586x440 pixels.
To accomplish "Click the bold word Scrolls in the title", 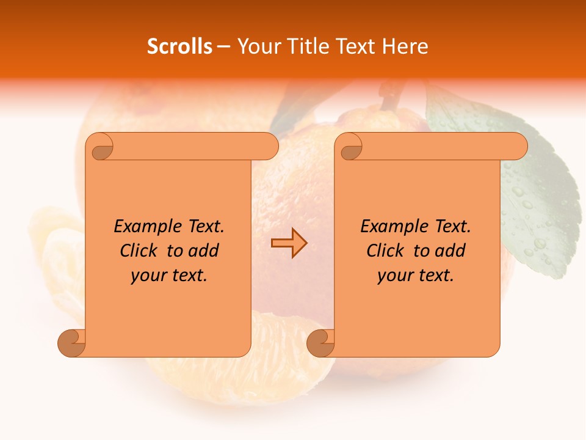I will [x=179, y=46].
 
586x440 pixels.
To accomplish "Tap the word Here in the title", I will [x=405, y=46].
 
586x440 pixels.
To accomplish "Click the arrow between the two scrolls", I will [x=289, y=243].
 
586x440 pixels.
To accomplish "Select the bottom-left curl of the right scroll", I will [x=320, y=343].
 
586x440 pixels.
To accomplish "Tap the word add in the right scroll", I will [x=450, y=251].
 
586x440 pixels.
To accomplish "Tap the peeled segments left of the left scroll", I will [x=58, y=257].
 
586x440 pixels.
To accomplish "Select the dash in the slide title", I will [x=224, y=46].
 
